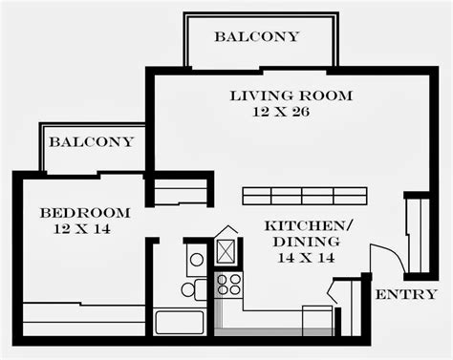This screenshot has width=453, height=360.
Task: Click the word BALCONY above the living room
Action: tap(256, 37)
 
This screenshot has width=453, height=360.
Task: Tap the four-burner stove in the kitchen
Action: tap(229, 283)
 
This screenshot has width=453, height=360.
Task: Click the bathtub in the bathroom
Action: tap(179, 321)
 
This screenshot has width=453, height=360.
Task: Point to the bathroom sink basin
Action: tap(196, 258)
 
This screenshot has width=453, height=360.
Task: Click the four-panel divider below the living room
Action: tap(304, 196)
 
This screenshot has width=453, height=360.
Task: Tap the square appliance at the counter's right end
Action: tap(317, 319)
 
